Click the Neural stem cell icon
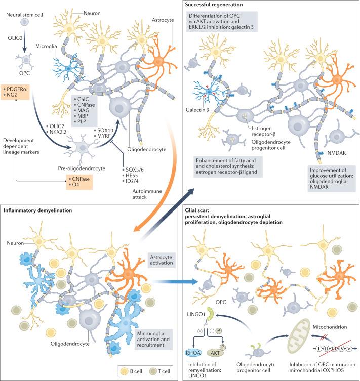(23, 22)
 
